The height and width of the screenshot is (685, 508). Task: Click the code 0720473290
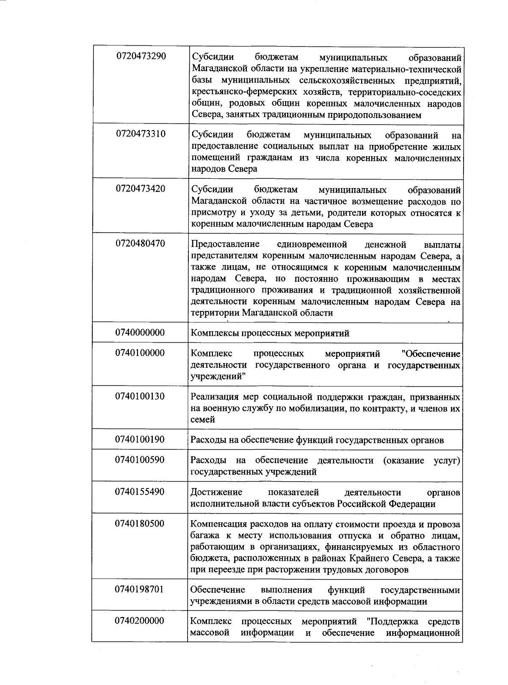click(x=141, y=56)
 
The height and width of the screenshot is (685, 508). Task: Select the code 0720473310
click(x=141, y=134)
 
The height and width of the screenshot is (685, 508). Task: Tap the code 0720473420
click(x=141, y=189)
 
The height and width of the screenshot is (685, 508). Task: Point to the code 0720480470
click(x=141, y=244)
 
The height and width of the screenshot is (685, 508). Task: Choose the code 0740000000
click(x=140, y=333)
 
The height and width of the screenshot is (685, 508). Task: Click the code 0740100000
click(x=140, y=353)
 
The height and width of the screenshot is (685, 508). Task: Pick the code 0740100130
click(x=140, y=397)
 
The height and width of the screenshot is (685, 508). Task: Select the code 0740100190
click(x=140, y=440)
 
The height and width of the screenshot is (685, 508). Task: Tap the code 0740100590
click(x=140, y=460)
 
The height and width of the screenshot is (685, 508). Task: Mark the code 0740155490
click(x=140, y=492)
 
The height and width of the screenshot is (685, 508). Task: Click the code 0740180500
click(x=140, y=524)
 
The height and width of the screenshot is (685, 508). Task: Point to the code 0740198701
click(x=140, y=589)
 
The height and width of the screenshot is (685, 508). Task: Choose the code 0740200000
click(x=140, y=621)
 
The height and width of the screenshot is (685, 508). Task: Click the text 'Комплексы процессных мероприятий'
click(x=270, y=333)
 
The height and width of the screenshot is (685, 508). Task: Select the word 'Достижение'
click(x=216, y=492)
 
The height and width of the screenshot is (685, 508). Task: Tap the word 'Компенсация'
click(x=218, y=524)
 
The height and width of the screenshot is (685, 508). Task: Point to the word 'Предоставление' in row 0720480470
click(x=225, y=244)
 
